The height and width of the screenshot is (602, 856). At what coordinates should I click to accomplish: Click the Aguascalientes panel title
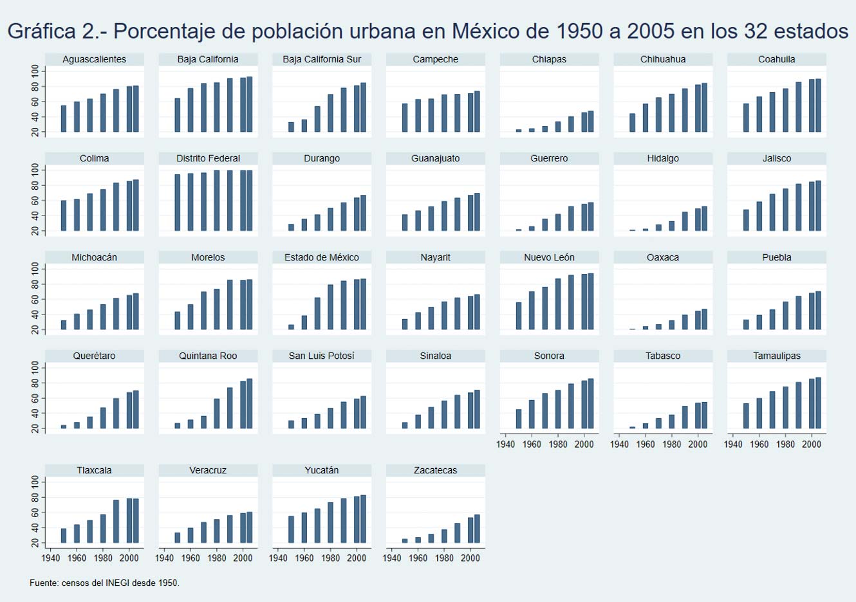pos(94,59)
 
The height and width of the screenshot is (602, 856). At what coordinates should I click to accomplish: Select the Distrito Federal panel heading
pos(208,158)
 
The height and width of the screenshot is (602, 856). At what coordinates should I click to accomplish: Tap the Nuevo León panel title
pos(549,257)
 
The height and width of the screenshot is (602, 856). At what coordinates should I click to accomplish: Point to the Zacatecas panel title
pos(435,470)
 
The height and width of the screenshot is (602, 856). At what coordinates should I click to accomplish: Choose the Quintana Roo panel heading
pos(208,356)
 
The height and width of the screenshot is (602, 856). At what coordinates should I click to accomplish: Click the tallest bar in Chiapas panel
pos(591,122)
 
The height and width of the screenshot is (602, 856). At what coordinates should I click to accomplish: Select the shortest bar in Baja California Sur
pos(291,127)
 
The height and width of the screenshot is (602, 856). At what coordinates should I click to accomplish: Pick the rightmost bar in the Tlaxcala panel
pos(136,521)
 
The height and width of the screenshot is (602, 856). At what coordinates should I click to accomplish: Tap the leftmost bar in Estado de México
pos(291,327)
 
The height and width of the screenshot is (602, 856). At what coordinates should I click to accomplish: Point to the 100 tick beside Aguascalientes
pos(35,71)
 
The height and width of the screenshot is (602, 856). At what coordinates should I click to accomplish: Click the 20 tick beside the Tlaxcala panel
pos(35,543)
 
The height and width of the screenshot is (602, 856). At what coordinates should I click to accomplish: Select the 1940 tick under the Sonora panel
pos(506,444)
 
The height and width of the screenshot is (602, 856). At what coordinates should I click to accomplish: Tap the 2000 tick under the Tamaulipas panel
pos(811,444)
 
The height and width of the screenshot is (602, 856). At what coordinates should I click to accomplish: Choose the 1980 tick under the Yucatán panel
pos(330,558)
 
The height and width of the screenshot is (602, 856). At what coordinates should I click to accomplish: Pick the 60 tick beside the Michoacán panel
pos(35,300)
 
